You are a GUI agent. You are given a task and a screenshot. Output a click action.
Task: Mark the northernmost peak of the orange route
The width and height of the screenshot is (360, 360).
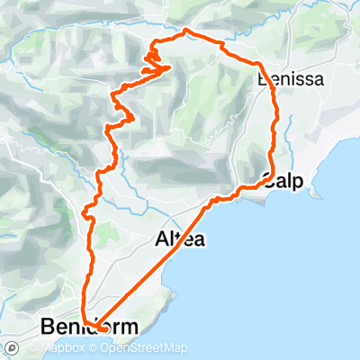[x=186, y=31]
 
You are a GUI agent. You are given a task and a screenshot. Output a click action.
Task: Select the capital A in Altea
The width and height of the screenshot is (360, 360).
[x=161, y=239]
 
